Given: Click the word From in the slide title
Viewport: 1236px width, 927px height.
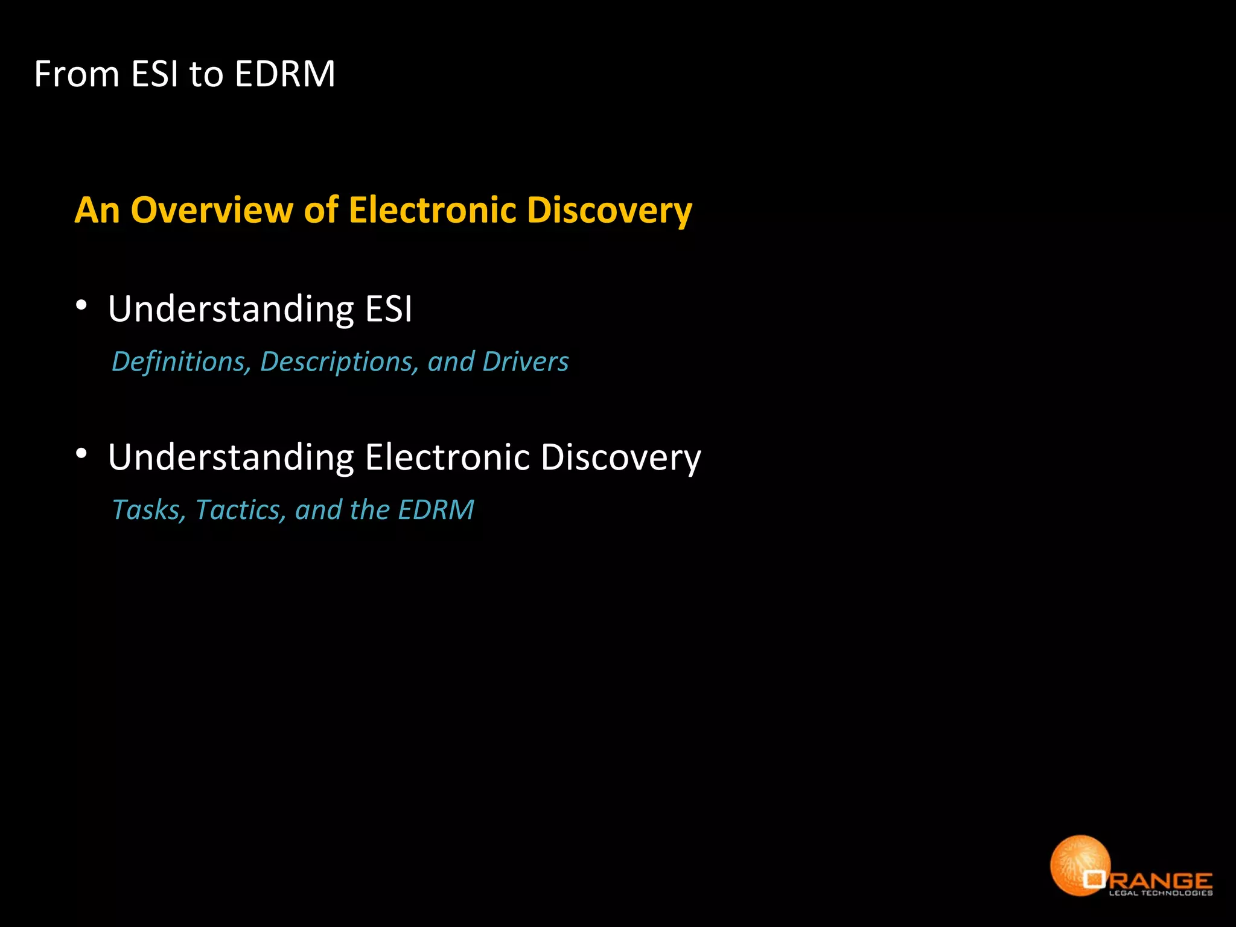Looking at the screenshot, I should (x=77, y=74).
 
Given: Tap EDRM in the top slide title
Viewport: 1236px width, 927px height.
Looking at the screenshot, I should (x=284, y=74).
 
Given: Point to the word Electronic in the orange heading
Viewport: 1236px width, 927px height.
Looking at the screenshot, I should (x=432, y=210).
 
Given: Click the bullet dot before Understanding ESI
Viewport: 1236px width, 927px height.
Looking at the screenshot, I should (x=82, y=305).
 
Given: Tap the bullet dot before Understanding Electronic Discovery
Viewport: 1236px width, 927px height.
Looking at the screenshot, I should (x=82, y=454).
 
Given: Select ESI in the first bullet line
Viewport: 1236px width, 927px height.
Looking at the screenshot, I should (x=389, y=309).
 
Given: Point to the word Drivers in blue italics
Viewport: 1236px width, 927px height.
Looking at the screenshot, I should (x=525, y=362).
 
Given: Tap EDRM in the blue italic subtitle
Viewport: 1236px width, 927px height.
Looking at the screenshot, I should (x=436, y=510).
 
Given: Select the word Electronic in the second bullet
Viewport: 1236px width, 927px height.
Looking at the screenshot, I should (x=447, y=457).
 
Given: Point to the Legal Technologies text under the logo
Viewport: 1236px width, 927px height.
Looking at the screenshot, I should (x=1161, y=893).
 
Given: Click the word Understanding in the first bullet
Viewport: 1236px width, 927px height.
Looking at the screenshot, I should (x=231, y=309).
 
